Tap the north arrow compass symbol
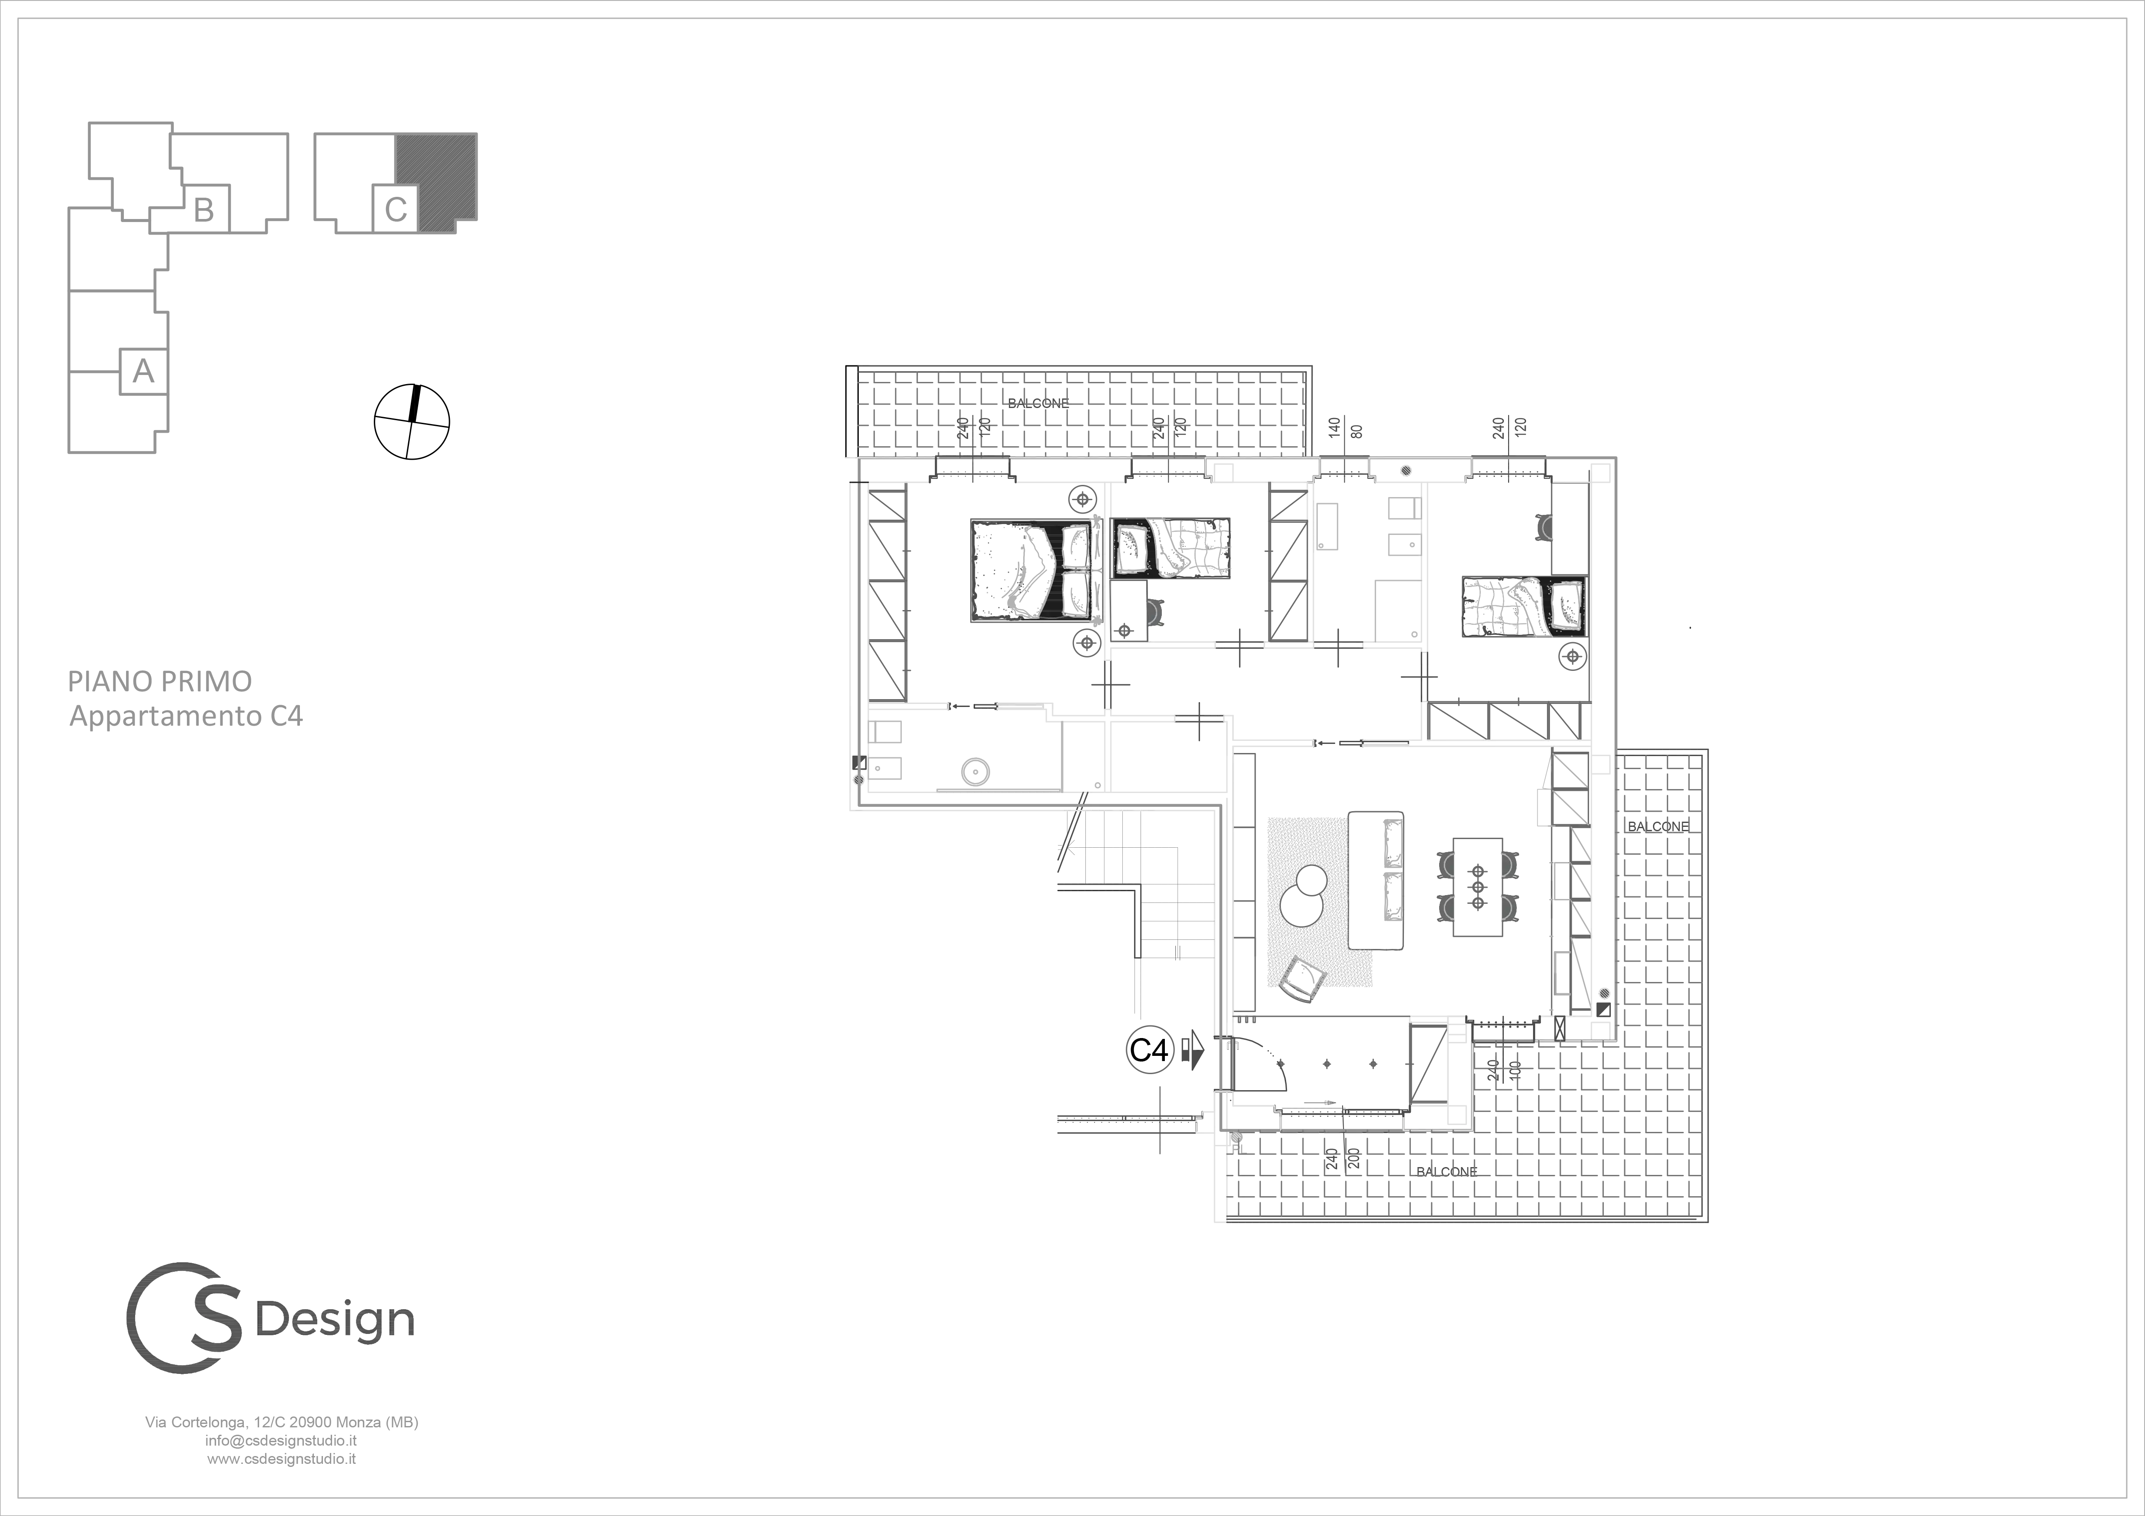[x=412, y=422]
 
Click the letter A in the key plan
[x=143, y=372]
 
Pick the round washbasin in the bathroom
[x=975, y=772]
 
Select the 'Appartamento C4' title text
[x=187, y=717]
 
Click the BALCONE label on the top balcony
[x=1038, y=404]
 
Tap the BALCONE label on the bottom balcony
[x=1447, y=1171]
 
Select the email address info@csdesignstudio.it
[x=281, y=1440]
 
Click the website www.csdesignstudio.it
[x=281, y=1458]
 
